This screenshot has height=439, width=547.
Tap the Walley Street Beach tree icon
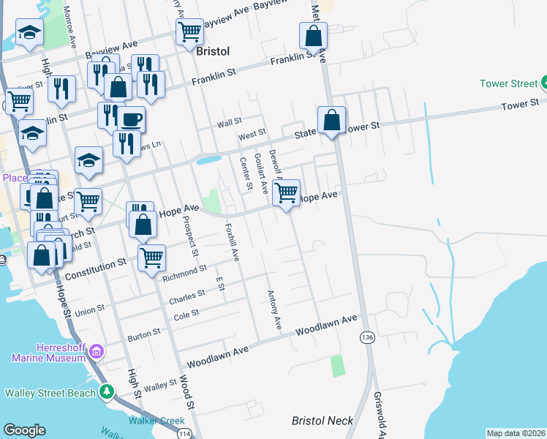(107, 392)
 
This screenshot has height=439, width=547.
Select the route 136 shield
(366, 337)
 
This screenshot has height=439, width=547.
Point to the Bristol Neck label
(322, 421)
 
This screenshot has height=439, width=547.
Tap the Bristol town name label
(213, 51)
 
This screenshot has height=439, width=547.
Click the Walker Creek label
(157, 421)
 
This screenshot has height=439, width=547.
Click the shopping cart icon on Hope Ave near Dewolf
(287, 192)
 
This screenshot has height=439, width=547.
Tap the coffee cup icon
(132, 119)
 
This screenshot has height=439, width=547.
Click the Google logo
(24, 430)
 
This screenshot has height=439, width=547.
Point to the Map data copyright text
(516, 433)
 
